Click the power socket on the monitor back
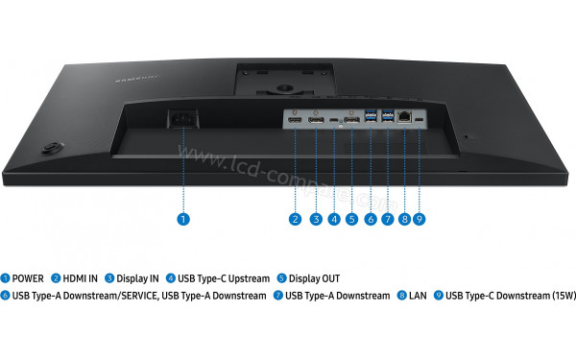click(x=183, y=121)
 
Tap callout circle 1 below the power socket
click(x=183, y=219)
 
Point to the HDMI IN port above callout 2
click(x=295, y=120)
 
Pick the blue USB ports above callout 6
click(x=370, y=118)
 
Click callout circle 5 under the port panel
click(x=351, y=219)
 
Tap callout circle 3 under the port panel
click(x=315, y=219)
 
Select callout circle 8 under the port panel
click(x=404, y=219)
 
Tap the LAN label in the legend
click(x=418, y=296)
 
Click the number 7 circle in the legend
click(x=278, y=296)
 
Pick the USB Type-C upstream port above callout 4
click(x=333, y=121)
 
